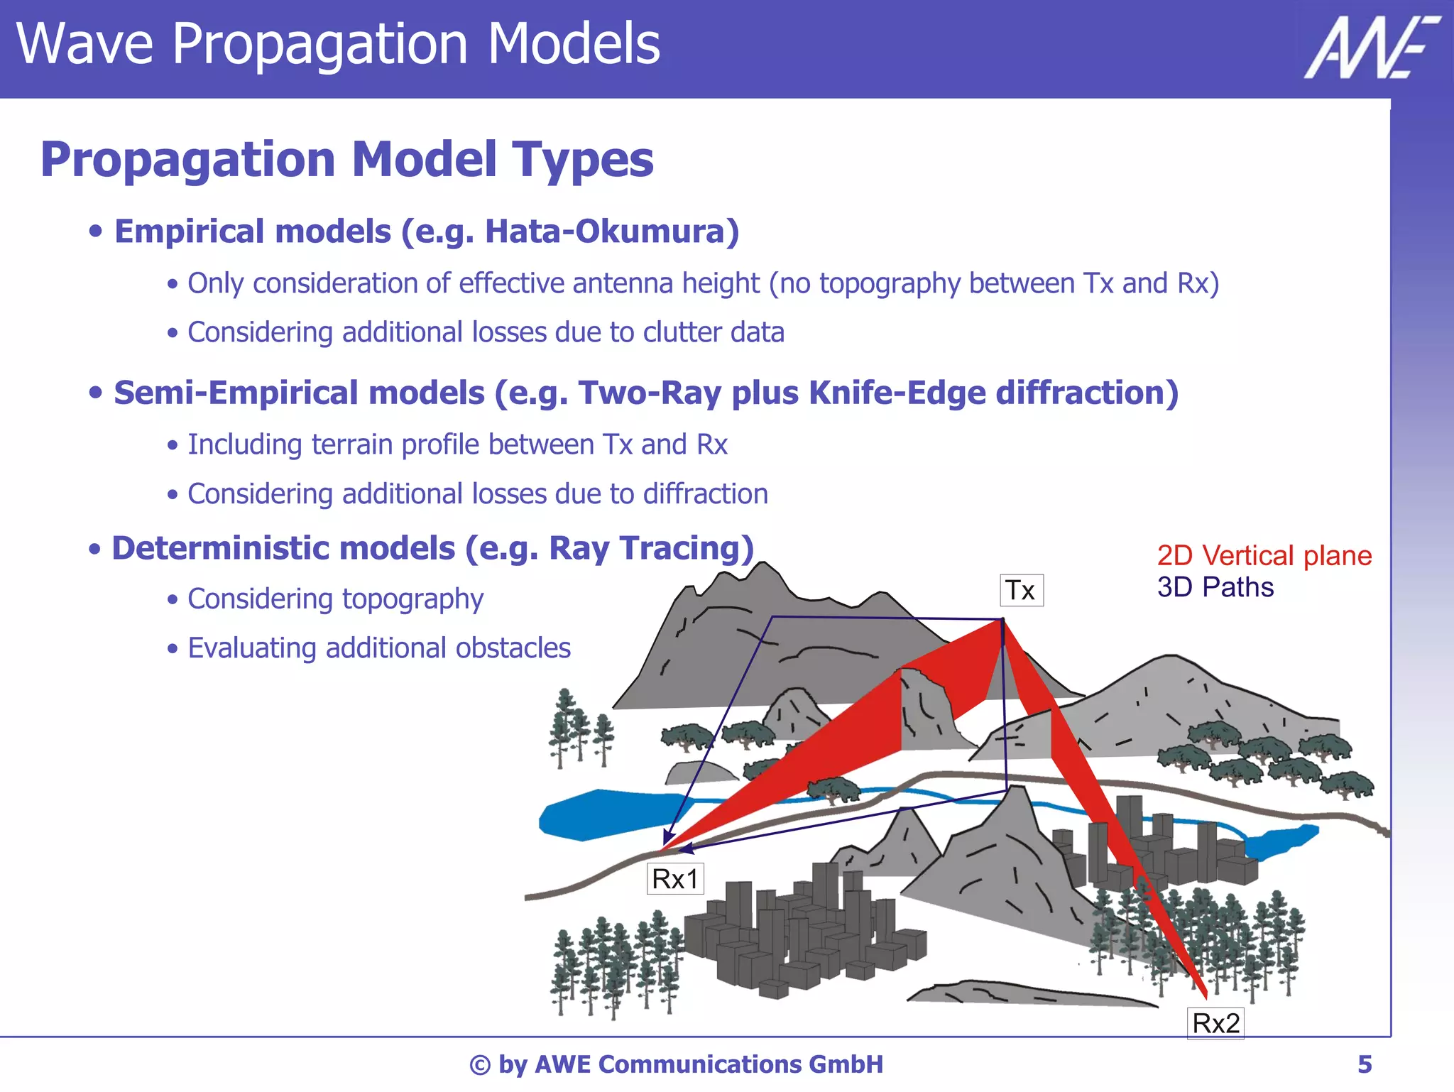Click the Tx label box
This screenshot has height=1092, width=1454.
click(x=1021, y=590)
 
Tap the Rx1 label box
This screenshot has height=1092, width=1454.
click(x=674, y=879)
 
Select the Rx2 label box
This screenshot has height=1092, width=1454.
click(x=1215, y=1023)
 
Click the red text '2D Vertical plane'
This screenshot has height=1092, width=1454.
click(x=1264, y=555)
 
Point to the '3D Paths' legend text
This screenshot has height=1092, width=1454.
click(x=1215, y=587)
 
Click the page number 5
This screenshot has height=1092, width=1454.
click(x=1364, y=1064)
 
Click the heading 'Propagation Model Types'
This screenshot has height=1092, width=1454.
click(x=346, y=159)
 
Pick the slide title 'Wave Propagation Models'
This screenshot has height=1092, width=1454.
click(x=338, y=44)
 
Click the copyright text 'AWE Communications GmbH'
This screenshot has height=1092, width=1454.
click(x=708, y=1064)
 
